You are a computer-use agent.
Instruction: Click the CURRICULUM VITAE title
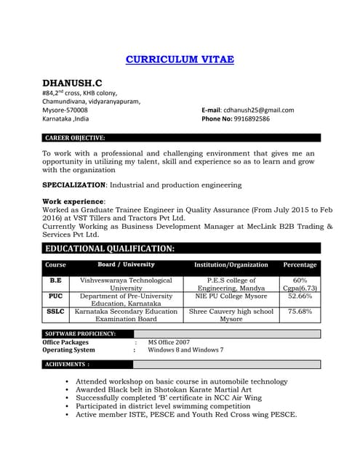[x=180, y=60]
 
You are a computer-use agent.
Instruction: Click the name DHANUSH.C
[x=72, y=84]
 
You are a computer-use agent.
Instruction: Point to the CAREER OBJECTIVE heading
[x=75, y=137]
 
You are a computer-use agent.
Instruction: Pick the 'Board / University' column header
[x=126, y=264]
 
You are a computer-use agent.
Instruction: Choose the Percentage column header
[x=300, y=265]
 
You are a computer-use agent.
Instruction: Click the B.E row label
[x=55, y=280]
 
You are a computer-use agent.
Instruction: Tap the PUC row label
[x=55, y=296]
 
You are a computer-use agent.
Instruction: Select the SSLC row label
[x=55, y=312]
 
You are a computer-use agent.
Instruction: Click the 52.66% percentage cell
[x=300, y=296]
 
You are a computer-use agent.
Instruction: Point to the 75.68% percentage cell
[x=300, y=312]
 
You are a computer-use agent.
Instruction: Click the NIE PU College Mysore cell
[x=231, y=296]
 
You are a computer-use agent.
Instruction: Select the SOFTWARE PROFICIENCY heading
[x=80, y=333]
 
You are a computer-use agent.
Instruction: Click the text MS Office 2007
[x=169, y=341]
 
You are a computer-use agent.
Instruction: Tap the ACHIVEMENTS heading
[x=67, y=364]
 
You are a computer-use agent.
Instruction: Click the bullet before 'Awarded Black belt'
[x=67, y=389]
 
